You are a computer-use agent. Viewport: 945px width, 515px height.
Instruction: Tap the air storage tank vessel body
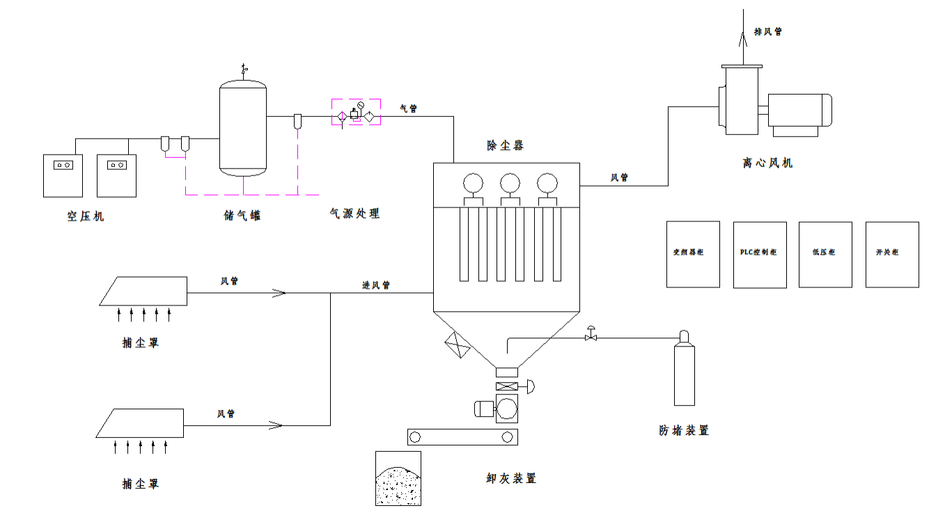[x=243, y=129]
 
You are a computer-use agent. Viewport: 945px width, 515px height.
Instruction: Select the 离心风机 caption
[x=767, y=164]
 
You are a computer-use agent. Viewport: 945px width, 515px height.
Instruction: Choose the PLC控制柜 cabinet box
[x=760, y=255]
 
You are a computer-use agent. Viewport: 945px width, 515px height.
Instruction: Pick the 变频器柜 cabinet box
[x=693, y=255]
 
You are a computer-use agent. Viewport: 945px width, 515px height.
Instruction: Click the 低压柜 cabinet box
[x=825, y=255]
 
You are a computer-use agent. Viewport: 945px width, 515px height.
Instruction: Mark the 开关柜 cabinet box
[x=892, y=255]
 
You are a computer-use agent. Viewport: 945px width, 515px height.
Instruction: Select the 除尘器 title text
[x=505, y=145]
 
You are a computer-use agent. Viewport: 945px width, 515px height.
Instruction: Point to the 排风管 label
[x=768, y=31]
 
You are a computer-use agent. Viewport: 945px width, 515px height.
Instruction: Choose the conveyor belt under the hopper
[x=462, y=437]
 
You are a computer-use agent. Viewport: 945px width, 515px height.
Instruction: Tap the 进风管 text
[x=376, y=285]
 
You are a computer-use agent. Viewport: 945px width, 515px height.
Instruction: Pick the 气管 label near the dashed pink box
[x=409, y=108]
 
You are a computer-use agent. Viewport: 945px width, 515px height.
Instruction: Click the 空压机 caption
[x=86, y=216]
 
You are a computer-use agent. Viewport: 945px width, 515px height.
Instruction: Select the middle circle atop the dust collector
[x=510, y=182]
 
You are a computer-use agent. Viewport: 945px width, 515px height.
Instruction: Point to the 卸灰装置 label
[x=511, y=479]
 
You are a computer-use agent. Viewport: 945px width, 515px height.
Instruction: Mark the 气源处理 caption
[x=355, y=214]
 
